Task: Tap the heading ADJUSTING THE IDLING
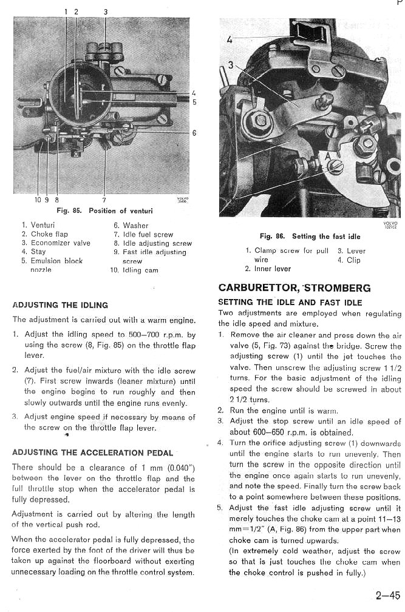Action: pyautogui.click(x=60, y=305)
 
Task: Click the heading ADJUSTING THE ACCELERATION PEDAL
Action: pyautogui.click(x=93, y=452)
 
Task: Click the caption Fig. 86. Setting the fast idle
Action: pyautogui.click(x=310, y=236)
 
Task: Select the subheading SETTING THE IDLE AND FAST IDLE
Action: pyautogui.click(x=290, y=302)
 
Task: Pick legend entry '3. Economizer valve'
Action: pyautogui.click(x=56, y=243)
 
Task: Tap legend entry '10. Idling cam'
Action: pyautogui.click(x=134, y=270)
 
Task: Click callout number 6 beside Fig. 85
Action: pyautogui.click(x=194, y=134)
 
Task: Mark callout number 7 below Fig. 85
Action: pyautogui.click(x=104, y=200)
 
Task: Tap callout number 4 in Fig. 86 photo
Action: pyautogui.click(x=229, y=40)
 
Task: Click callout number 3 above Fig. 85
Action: pyautogui.click(x=105, y=12)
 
